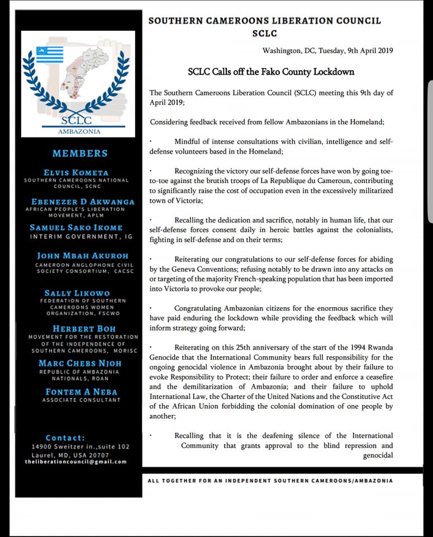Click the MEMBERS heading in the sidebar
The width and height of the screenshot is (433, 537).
point(80,153)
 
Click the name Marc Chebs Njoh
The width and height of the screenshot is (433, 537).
point(79,363)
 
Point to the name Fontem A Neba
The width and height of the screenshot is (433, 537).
point(81,392)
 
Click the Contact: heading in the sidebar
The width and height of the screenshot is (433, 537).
point(65,438)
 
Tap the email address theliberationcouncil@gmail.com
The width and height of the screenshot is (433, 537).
point(75,461)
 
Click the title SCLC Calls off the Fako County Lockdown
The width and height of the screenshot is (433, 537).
point(271,72)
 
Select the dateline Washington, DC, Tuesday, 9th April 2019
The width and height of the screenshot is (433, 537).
point(327,51)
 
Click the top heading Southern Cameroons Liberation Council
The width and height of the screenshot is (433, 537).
point(265,21)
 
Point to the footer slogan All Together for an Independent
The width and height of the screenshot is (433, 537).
point(270,481)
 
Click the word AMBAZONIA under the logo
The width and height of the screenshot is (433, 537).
point(79,131)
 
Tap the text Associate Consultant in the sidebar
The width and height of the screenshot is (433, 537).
point(81,400)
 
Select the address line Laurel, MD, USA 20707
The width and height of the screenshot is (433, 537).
point(70,455)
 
